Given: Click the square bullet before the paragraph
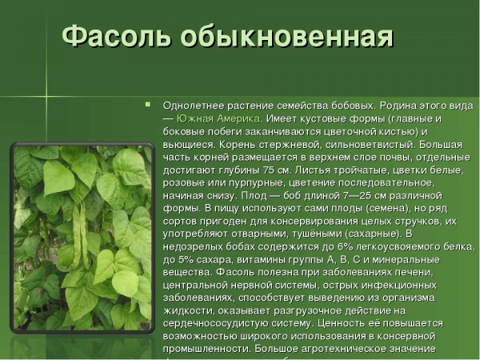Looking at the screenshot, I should (x=148, y=104).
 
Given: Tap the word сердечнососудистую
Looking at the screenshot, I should (x=213, y=322).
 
